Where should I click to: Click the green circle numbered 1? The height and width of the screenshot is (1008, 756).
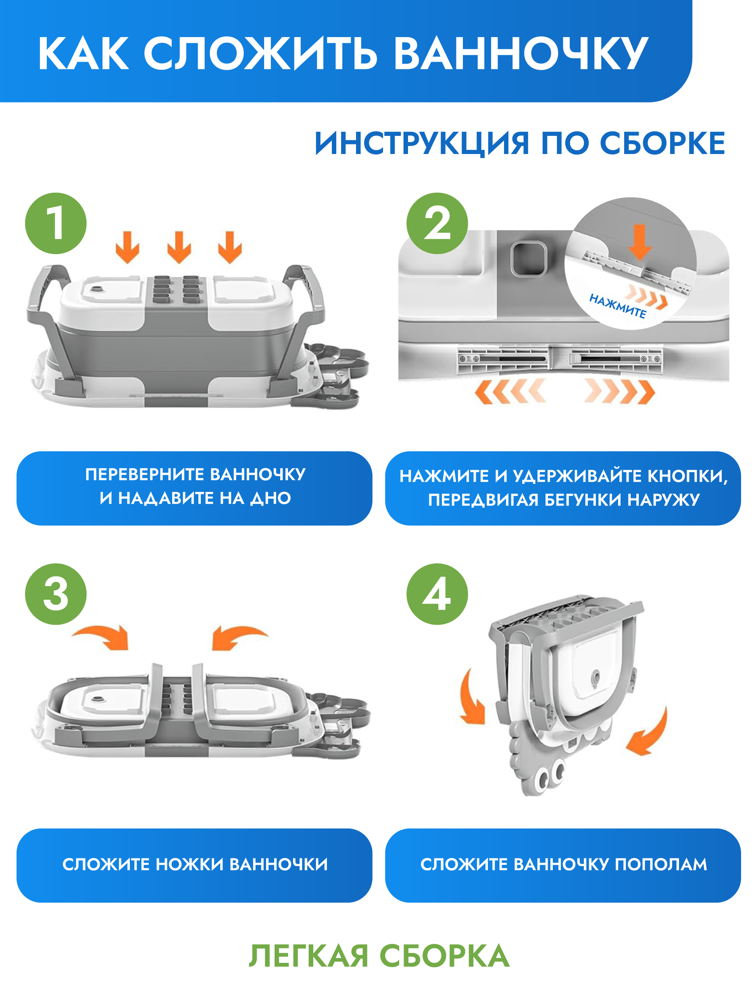tap(56, 223)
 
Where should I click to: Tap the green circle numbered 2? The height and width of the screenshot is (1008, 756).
tap(437, 223)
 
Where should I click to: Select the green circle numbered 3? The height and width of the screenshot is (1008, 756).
tap(56, 594)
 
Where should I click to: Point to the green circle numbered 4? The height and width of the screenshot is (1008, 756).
tap(437, 594)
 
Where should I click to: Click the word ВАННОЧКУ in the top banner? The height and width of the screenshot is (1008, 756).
tap(521, 53)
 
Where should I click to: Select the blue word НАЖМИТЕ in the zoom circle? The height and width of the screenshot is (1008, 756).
tap(617, 306)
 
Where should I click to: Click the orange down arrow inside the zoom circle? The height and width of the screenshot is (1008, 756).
tap(640, 242)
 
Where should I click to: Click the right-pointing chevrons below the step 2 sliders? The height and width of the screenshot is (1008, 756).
tap(620, 391)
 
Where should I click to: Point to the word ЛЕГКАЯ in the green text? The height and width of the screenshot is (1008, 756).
tap(308, 956)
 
